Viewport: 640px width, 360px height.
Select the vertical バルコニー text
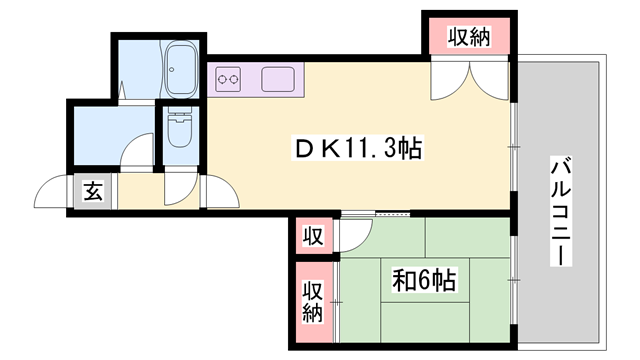[561, 210]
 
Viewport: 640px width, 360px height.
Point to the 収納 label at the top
[468, 38]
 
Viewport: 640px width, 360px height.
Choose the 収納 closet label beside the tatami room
[313, 301]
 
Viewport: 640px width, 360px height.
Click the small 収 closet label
[313, 237]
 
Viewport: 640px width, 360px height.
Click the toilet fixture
[181, 127]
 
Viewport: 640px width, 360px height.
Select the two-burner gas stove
[227, 77]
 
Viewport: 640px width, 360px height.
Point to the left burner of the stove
[222, 77]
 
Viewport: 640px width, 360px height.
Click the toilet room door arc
[180, 186]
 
